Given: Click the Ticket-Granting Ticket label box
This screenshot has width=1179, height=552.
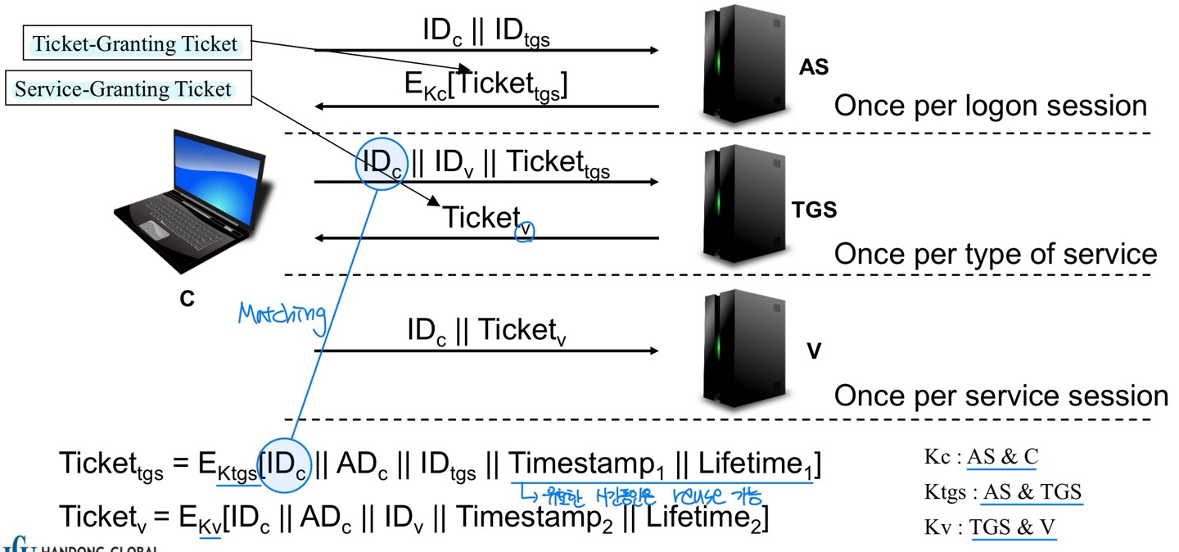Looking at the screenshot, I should tap(135, 44).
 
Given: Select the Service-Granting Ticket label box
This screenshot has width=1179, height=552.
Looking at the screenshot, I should tap(123, 88).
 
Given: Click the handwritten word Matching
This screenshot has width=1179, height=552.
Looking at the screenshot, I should tap(282, 314).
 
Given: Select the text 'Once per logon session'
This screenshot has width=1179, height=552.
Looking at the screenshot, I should tap(992, 106).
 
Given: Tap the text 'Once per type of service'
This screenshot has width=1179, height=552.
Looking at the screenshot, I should tap(995, 253).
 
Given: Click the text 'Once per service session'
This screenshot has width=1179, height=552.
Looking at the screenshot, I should tap(1001, 396).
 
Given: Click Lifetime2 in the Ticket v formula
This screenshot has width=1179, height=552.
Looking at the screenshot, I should tap(704, 518).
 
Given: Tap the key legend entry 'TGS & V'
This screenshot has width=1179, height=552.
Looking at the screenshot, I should tap(1013, 527).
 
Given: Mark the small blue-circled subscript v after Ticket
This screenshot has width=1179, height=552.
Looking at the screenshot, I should tap(523, 231).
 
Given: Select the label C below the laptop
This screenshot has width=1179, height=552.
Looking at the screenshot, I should tap(187, 300).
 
